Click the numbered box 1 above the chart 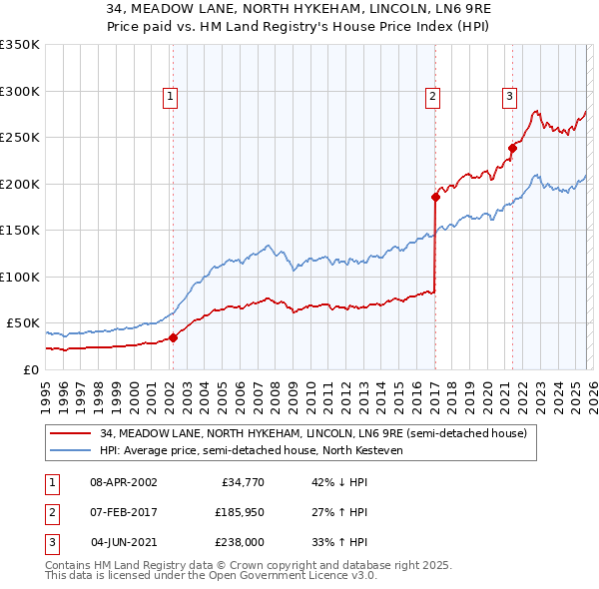coord(171,97)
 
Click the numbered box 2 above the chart coord(433,97)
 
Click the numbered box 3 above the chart coord(509,97)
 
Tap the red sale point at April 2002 coord(173,337)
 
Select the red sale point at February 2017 coord(435,197)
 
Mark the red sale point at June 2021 coord(512,148)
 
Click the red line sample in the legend coord(71,433)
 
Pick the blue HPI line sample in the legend coord(71,450)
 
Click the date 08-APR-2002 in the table coord(124,482)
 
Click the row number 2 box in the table coord(49,512)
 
